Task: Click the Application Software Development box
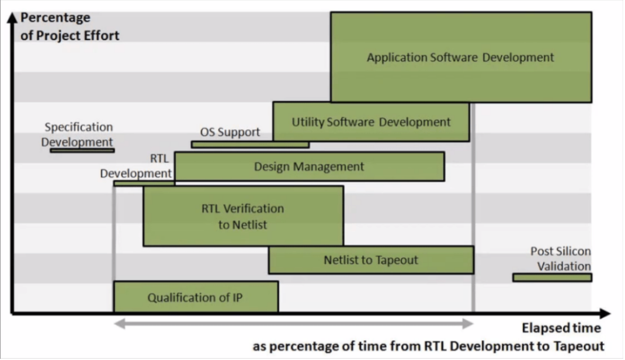tap(461, 57)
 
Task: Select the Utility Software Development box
tap(371, 122)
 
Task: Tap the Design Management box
tap(310, 166)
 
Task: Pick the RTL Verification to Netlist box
tap(243, 216)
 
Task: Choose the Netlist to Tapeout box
tap(371, 260)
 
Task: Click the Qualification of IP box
tap(196, 297)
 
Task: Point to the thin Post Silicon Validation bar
tap(552, 278)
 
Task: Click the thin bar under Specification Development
tap(82, 151)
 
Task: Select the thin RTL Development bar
tap(144, 184)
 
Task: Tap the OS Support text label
tap(230, 132)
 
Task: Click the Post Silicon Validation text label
tap(560, 259)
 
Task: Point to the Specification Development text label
tap(78, 134)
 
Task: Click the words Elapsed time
tap(561, 328)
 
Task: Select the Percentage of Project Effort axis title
tap(70, 26)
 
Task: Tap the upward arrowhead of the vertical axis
tap(12, 17)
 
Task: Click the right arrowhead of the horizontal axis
tap(606, 313)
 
